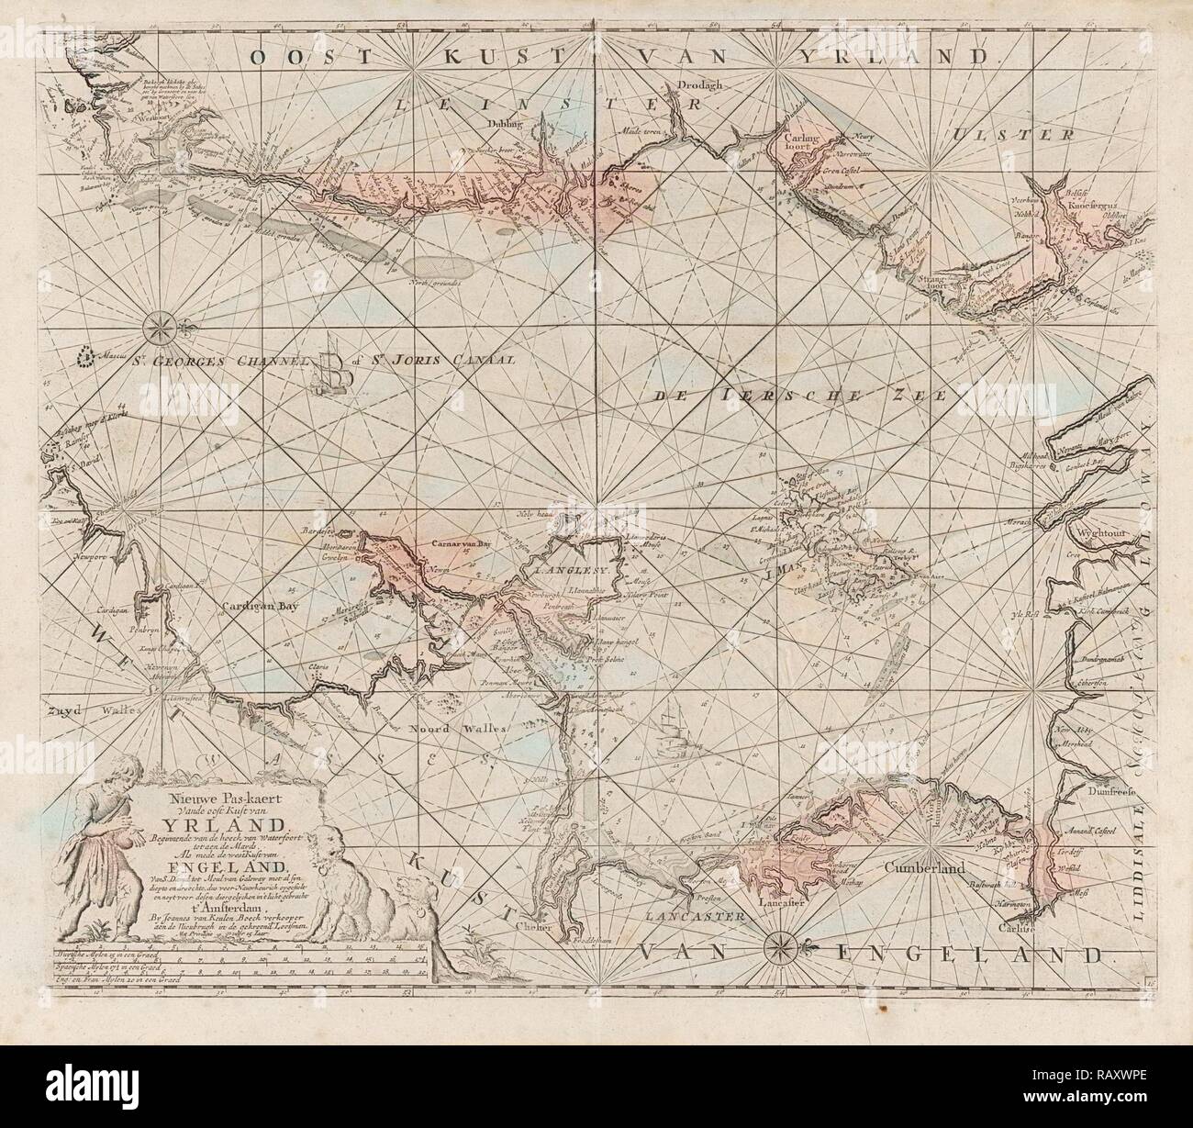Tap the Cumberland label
click(922, 866)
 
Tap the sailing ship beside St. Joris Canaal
click(332, 370)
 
